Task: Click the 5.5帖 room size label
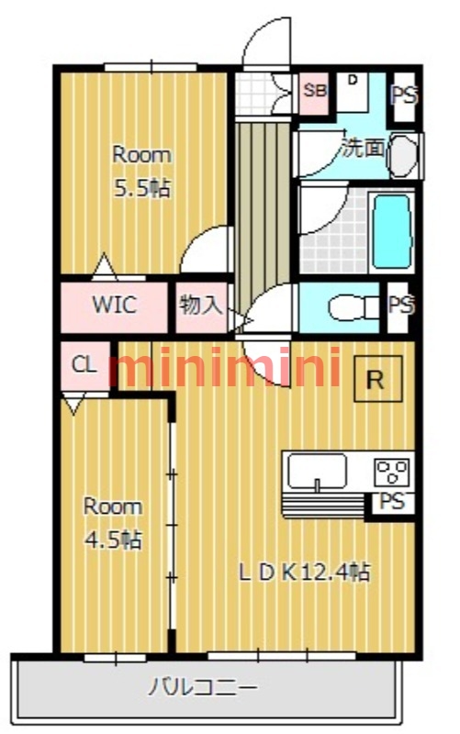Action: (x=140, y=189)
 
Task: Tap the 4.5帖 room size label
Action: (x=113, y=539)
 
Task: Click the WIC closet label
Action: (x=115, y=306)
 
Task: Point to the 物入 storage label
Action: (x=200, y=306)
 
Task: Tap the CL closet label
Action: (x=84, y=365)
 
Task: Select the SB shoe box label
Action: (x=315, y=90)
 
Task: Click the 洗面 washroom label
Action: (x=364, y=147)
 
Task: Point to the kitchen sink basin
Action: (x=317, y=472)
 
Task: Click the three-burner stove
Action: (x=393, y=473)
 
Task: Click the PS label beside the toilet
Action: (x=399, y=306)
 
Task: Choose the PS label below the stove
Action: (x=391, y=503)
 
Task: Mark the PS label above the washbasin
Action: (x=402, y=95)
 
